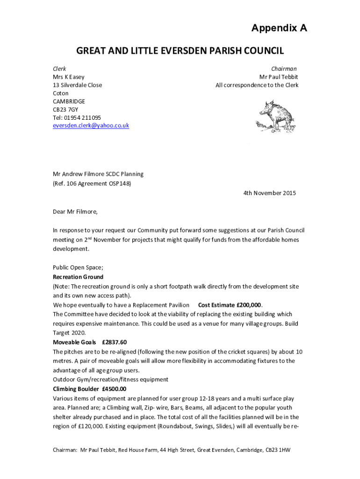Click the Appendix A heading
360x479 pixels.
tap(279, 29)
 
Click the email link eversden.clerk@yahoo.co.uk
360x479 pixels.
tap(91, 126)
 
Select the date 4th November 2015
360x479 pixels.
tap(269, 193)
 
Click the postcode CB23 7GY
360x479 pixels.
tap(65, 109)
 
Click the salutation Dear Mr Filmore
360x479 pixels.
tap(75, 211)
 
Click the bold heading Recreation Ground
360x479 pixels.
tap(78, 277)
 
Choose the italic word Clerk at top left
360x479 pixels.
tap(59, 69)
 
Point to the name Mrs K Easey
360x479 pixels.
tap(69, 77)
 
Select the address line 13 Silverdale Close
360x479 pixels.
tap(77, 85)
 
